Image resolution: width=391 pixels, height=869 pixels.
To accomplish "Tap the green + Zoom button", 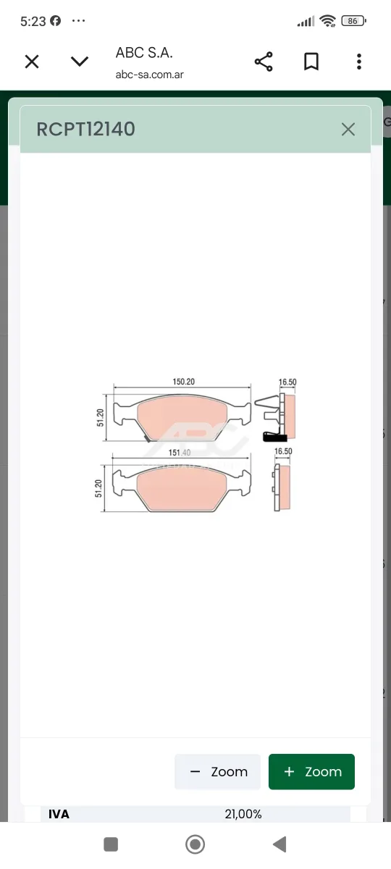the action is pyautogui.click(x=311, y=772).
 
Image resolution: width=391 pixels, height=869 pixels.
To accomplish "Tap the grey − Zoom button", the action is pyautogui.click(x=218, y=772).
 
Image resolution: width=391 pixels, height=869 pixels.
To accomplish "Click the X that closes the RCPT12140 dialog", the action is pyautogui.click(x=348, y=129).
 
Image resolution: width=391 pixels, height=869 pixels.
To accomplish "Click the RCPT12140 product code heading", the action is pyautogui.click(x=85, y=129).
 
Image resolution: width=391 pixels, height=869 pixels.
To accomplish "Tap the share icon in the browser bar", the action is pyautogui.click(x=264, y=62).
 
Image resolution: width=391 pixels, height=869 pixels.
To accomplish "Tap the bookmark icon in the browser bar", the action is pyautogui.click(x=311, y=62).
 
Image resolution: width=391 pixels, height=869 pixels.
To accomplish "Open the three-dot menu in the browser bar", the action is pyautogui.click(x=359, y=62).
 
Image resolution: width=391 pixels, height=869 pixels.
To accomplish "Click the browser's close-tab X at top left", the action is pyautogui.click(x=32, y=62).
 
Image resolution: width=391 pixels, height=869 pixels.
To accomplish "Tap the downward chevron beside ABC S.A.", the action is pyautogui.click(x=80, y=62).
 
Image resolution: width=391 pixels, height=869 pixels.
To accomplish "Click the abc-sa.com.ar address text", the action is pyautogui.click(x=149, y=75).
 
